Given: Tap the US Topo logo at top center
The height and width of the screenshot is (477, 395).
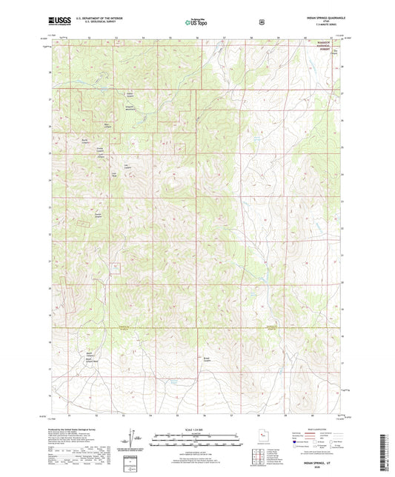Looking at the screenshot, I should tap(197, 22).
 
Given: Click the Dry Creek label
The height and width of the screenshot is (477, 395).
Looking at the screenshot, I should tap(335, 52).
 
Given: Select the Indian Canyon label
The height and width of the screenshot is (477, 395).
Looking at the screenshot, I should tap(129, 94).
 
